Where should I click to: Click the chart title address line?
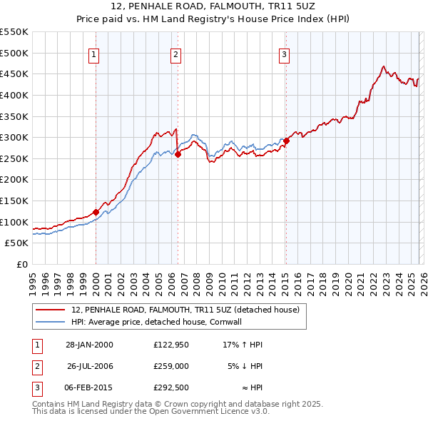(213, 7)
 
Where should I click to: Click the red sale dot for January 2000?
(96, 212)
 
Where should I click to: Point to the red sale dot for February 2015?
(285, 141)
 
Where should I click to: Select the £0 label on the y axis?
(21, 264)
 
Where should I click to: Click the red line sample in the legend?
(50, 310)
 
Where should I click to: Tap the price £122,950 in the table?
(170, 345)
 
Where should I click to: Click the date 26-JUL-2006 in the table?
(91, 365)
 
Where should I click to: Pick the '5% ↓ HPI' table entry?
(245, 365)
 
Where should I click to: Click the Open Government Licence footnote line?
(151, 412)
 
